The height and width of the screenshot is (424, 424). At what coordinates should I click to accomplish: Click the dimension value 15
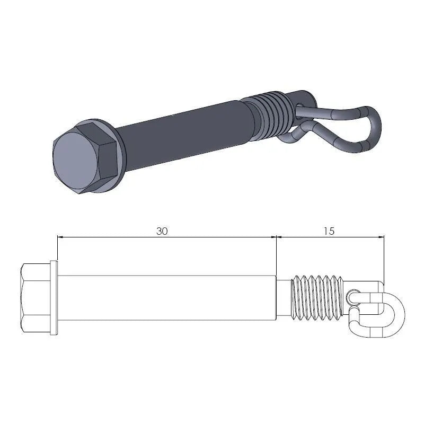[x=328, y=231]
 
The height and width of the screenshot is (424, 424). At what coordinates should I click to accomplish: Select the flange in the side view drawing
[x=54, y=298]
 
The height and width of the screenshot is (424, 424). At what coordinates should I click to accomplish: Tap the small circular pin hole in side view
[x=354, y=294]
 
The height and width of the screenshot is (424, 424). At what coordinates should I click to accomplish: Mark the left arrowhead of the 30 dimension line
[x=60, y=237]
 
